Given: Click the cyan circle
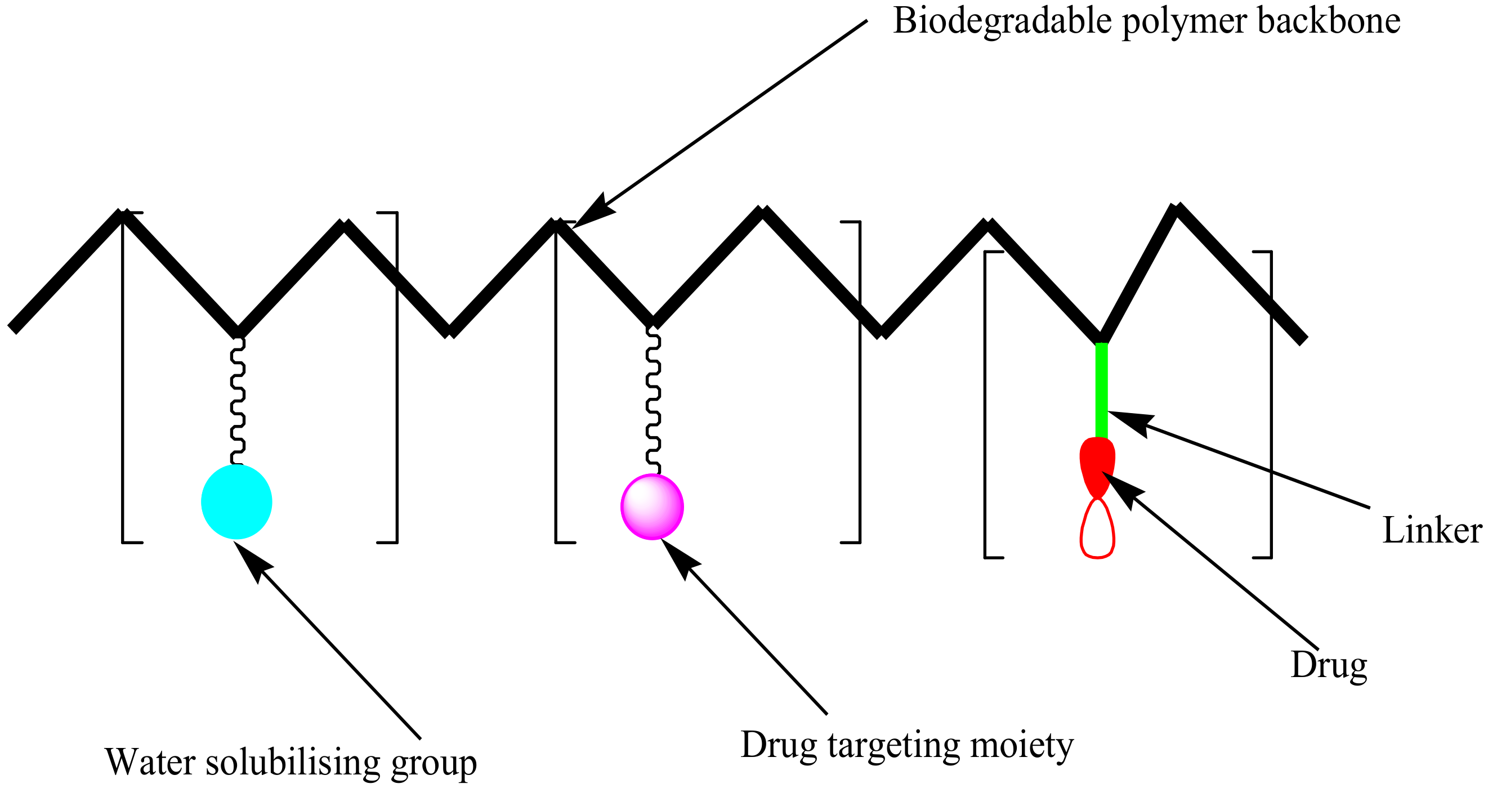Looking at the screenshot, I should (x=236, y=501).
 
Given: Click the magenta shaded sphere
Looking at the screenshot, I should (x=652, y=507).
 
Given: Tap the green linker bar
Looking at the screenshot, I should (x=1102, y=391).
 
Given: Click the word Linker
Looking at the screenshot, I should (x=1431, y=530).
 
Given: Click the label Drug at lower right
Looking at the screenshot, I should (x=1329, y=665).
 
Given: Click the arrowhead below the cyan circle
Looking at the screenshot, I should (x=252, y=558).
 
